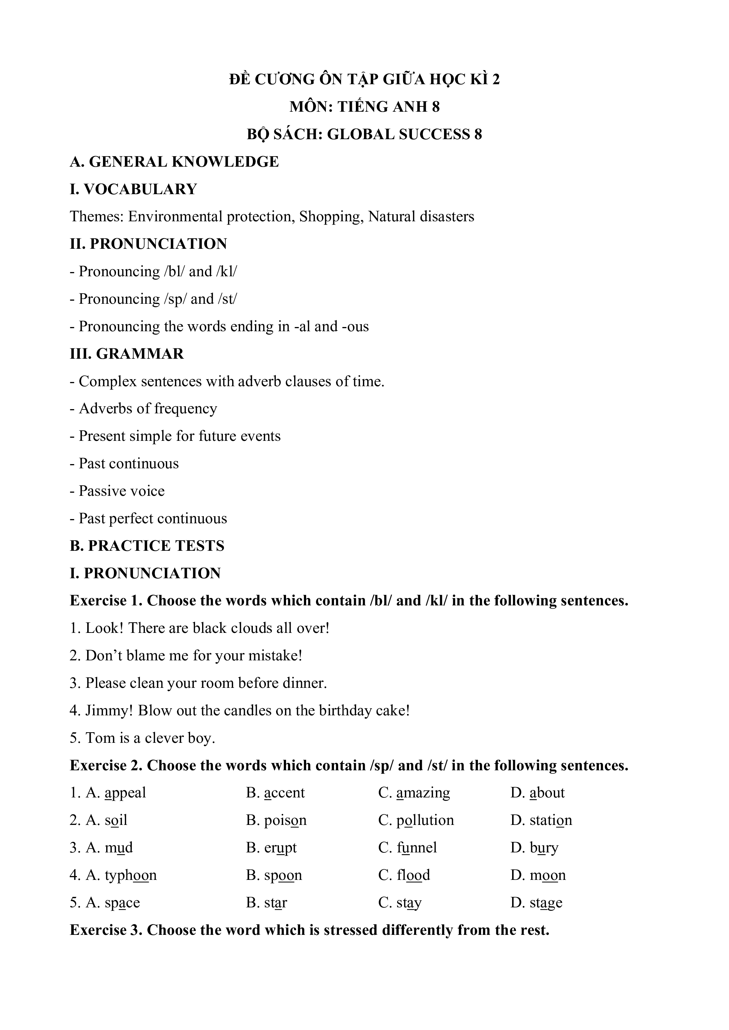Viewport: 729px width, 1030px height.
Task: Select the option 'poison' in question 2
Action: pyautogui.click(x=285, y=820)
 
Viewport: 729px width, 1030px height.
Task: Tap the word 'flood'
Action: pyautogui.click(x=413, y=875)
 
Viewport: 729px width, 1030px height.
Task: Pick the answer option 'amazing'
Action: pyautogui.click(x=423, y=793)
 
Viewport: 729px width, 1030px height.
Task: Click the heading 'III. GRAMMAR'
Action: pyautogui.click(x=127, y=354)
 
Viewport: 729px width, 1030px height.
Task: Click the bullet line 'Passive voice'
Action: pyautogui.click(x=121, y=491)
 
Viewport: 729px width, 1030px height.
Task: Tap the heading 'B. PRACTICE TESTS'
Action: pyautogui.click(x=147, y=546)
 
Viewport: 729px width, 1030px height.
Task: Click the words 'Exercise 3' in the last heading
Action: pyautogui.click(x=106, y=930)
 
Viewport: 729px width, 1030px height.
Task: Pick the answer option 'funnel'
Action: pyautogui.click(x=417, y=848)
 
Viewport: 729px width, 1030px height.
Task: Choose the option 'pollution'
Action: pyautogui.click(x=425, y=820)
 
